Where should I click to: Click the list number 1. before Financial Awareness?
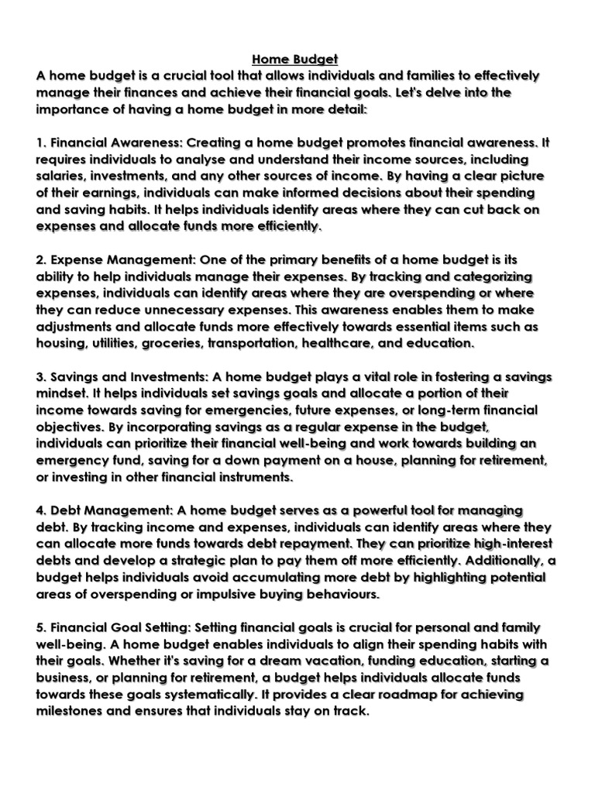pos(40,143)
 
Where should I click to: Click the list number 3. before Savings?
pos(40,377)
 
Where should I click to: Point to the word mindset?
pos(62,394)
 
